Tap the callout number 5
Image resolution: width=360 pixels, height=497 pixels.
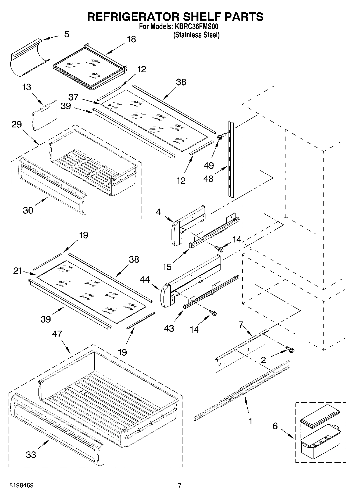click(67, 34)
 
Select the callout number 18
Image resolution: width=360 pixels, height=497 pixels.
click(131, 39)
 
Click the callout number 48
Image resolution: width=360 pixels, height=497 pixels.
click(208, 178)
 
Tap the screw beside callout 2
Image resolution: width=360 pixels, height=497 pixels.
click(291, 350)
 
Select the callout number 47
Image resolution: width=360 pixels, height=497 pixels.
click(57, 334)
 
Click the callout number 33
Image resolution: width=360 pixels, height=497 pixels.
click(31, 455)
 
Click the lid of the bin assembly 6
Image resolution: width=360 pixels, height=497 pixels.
click(320, 418)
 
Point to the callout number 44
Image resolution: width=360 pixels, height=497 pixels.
click(145, 280)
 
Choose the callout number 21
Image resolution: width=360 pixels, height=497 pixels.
click(18, 271)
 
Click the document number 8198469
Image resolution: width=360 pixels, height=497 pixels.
click(22, 485)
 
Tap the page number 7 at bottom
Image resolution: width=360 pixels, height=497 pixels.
click(180, 485)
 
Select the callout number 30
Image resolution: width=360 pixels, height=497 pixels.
click(28, 210)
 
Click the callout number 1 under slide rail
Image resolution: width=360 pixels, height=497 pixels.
click(250, 421)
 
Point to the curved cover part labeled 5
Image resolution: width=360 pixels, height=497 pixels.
click(30, 58)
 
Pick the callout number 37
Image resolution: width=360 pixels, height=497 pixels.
click(73, 97)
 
